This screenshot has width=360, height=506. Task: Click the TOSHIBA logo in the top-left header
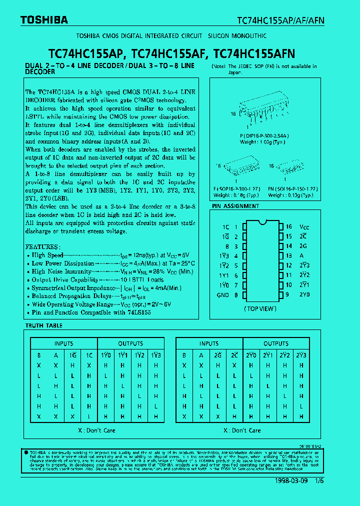point(44,20)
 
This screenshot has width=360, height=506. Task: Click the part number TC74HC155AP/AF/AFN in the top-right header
point(280,20)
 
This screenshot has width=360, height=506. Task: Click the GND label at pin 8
point(223,295)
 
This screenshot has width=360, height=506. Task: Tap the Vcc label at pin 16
point(304,227)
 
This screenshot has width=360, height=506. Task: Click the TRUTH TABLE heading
point(44,325)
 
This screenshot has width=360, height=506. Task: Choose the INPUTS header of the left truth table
point(63,343)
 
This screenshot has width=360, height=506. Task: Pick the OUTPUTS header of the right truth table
point(276,343)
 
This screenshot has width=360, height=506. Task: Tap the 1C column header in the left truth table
point(89,355)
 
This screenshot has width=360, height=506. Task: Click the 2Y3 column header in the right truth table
point(301,355)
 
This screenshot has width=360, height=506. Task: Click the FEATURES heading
point(42,247)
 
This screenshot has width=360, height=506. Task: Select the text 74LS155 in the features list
point(139,312)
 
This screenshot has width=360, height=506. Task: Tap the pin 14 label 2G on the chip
point(303,246)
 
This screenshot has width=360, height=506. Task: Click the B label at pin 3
point(226,246)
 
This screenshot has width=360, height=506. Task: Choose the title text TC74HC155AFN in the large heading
point(254,53)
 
